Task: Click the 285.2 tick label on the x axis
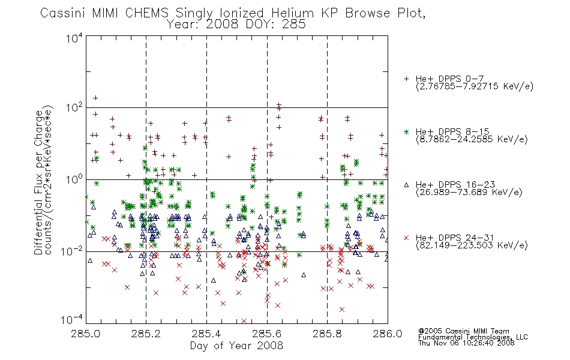click(146, 334)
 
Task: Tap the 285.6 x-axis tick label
click(267, 334)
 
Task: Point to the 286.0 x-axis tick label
click(388, 334)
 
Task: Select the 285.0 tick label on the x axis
click(86, 334)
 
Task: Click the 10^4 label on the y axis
click(74, 38)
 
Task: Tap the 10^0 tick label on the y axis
click(74, 179)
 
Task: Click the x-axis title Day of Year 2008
click(236, 346)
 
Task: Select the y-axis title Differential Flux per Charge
click(38, 182)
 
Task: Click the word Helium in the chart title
click(293, 13)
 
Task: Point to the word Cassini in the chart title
click(62, 13)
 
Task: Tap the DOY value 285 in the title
click(295, 25)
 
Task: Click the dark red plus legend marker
click(407, 79)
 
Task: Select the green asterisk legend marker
click(407, 131)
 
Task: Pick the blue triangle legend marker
click(407, 185)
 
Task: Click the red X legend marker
click(407, 238)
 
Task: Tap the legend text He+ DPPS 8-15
click(452, 131)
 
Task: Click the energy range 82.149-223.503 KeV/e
click(472, 245)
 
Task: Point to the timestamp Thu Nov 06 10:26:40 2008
click(466, 343)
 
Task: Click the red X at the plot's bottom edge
click(244, 321)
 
